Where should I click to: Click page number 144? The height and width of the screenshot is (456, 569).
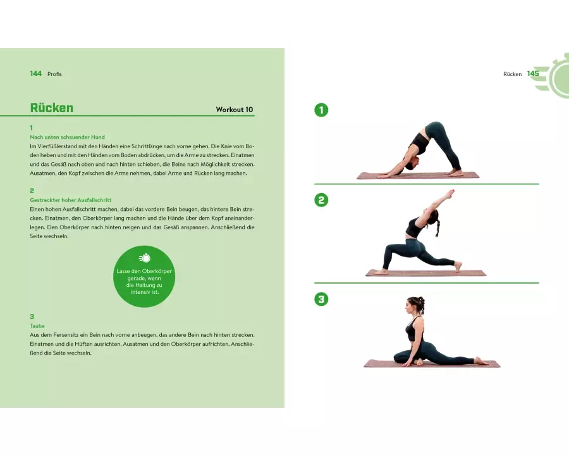pyautogui.click(x=36, y=74)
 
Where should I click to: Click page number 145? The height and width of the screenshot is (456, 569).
pyautogui.click(x=533, y=74)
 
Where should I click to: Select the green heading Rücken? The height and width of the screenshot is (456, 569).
pyautogui.click(x=52, y=108)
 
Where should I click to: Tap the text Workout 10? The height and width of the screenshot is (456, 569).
pyautogui.click(x=235, y=110)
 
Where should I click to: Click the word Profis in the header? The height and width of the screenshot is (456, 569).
pyautogui.click(x=54, y=74)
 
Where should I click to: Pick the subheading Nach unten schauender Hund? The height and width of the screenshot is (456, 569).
pyautogui.click(x=67, y=137)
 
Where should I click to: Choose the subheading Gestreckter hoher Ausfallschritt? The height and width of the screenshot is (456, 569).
pyautogui.click(x=70, y=200)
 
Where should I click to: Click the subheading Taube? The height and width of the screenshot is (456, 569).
pyautogui.click(x=37, y=326)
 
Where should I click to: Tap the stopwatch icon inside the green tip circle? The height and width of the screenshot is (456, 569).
pyautogui.click(x=144, y=258)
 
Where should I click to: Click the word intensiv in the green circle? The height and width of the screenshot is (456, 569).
pyautogui.click(x=140, y=292)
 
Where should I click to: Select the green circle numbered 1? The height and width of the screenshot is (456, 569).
pyautogui.click(x=321, y=110)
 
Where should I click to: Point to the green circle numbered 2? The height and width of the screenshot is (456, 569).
pyautogui.click(x=321, y=200)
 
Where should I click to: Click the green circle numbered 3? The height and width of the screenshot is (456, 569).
pyautogui.click(x=321, y=300)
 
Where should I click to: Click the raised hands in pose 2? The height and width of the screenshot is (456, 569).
pyautogui.click(x=450, y=192)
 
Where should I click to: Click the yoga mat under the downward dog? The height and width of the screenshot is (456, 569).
pyautogui.click(x=418, y=176)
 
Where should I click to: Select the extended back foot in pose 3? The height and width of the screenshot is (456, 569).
pyautogui.click(x=482, y=361)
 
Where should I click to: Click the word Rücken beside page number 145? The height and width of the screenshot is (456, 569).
pyautogui.click(x=512, y=74)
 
